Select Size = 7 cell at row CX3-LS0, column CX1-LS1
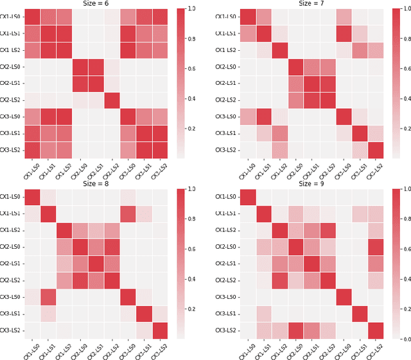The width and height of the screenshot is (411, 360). (x=262, y=116)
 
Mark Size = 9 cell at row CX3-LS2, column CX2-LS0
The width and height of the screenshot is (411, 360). (x=295, y=330)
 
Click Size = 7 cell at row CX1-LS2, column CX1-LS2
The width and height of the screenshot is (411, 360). (x=278, y=50)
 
